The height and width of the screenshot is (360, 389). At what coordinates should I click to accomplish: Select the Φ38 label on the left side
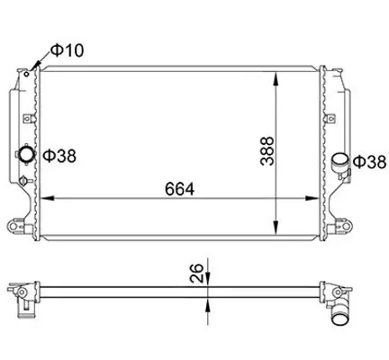[59, 157]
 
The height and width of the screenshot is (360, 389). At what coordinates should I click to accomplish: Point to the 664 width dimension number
[179, 191]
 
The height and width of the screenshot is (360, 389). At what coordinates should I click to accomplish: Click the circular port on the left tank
[27, 156]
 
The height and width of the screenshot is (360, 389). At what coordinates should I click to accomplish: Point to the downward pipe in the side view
[339, 318]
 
